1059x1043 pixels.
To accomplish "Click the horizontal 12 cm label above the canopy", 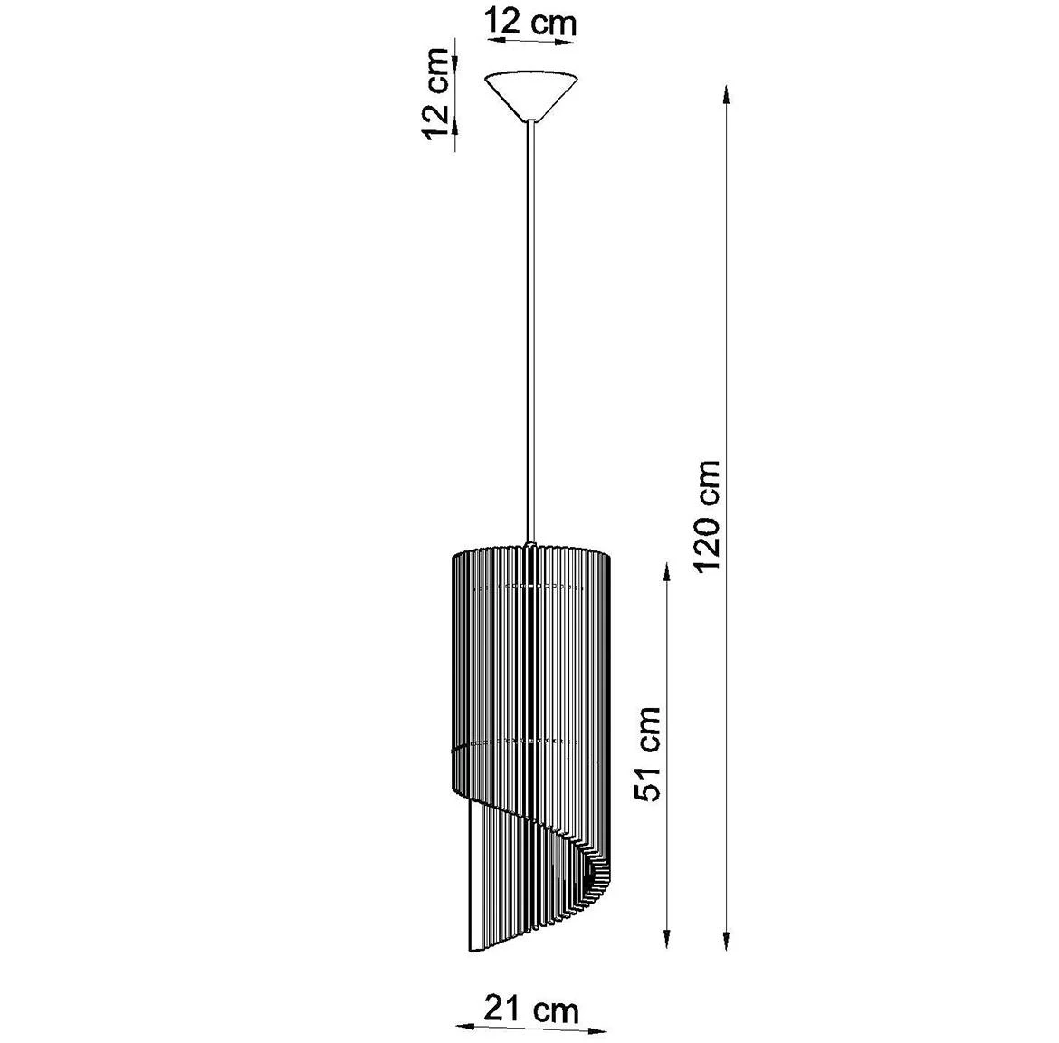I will click(x=529, y=22).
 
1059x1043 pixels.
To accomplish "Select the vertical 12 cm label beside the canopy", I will click(x=438, y=94).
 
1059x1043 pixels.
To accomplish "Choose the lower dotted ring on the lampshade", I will click(x=525, y=742).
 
